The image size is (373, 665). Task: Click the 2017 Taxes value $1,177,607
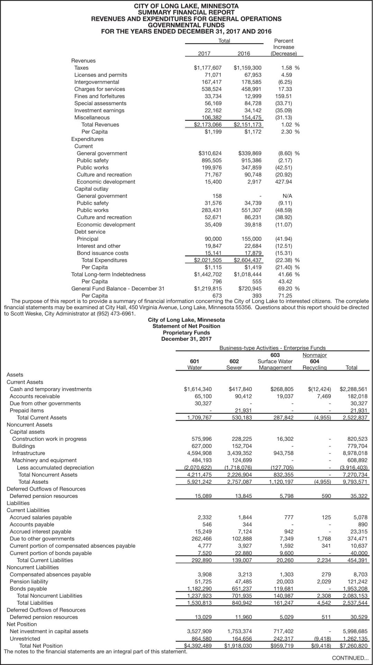tap(208, 68)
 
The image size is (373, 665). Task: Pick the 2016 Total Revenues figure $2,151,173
tap(247, 125)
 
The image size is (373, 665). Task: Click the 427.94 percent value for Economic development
tap(283, 182)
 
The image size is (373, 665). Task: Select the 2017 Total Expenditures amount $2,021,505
tap(208, 260)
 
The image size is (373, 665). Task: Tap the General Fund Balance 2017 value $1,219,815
tap(208, 289)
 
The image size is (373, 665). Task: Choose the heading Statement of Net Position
tap(186, 326)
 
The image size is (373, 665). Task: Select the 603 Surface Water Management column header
tap(275, 361)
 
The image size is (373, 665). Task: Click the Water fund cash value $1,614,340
tap(198, 389)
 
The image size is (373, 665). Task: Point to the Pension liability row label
tap(29, 582)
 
